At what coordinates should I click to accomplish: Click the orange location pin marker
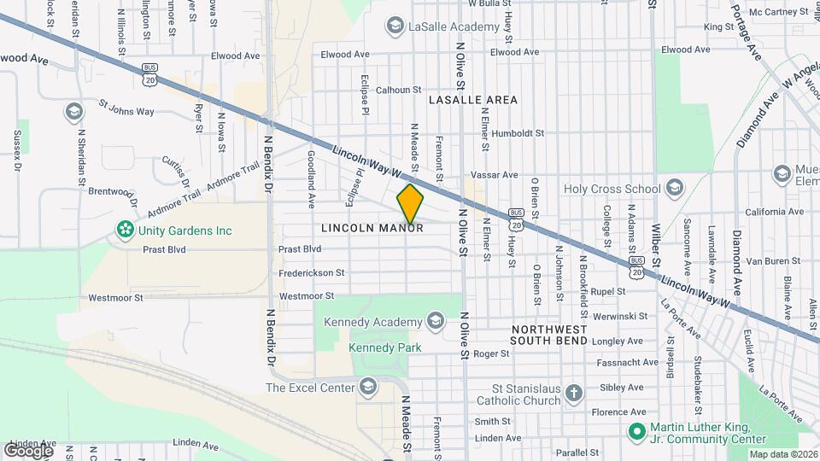[x=410, y=203]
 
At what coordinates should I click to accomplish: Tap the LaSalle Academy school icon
[x=395, y=27]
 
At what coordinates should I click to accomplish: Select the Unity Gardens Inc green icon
[x=126, y=230]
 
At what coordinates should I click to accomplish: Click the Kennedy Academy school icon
[x=435, y=321]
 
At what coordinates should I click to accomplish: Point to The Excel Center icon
[x=368, y=388]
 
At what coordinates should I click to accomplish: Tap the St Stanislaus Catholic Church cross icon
[x=574, y=394]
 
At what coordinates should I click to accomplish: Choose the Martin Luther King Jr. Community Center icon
[x=635, y=432]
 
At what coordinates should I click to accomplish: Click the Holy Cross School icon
[x=675, y=188]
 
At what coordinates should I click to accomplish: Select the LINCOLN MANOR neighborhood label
[x=372, y=229]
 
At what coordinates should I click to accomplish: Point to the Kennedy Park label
[x=385, y=347]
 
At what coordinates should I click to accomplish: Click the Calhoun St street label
[x=399, y=89]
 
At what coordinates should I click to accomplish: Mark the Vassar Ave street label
[x=493, y=175]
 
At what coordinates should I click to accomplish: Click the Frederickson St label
[x=311, y=273]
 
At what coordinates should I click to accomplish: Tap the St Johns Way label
[x=126, y=110]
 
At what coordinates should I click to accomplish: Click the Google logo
[x=28, y=449]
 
